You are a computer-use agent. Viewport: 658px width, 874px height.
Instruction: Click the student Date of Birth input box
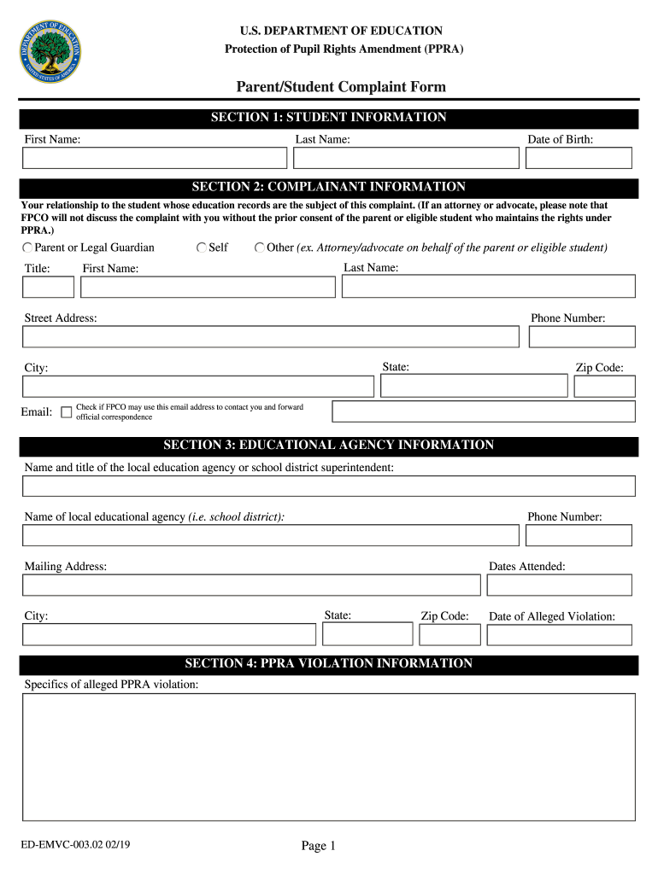click(x=579, y=158)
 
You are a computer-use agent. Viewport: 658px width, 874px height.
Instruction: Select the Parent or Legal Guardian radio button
click(x=27, y=248)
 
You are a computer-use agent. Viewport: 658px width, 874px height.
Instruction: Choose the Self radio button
click(x=202, y=248)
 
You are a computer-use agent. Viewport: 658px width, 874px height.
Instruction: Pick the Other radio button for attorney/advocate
click(x=260, y=248)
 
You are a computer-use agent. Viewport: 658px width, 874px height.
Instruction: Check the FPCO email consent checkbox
click(x=67, y=412)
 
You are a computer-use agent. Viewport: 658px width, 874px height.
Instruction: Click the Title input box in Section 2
click(x=48, y=287)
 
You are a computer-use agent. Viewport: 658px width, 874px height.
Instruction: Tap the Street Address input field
click(x=270, y=336)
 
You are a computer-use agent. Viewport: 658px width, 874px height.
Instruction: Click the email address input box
click(x=484, y=411)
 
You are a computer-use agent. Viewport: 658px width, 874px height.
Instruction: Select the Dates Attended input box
click(x=559, y=585)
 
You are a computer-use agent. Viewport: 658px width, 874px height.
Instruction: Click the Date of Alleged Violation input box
click(x=559, y=635)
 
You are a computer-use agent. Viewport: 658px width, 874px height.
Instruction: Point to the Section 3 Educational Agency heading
click(x=328, y=446)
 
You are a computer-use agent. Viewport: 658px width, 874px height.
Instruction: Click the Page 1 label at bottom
click(x=319, y=846)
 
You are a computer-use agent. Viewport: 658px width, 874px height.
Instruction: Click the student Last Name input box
click(x=406, y=158)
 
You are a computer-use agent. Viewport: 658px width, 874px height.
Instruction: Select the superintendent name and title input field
click(x=328, y=487)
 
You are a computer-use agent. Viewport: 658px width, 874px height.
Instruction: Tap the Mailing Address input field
click(x=251, y=585)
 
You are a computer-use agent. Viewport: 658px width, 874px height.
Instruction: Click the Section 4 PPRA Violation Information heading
click(x=328, y=664)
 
